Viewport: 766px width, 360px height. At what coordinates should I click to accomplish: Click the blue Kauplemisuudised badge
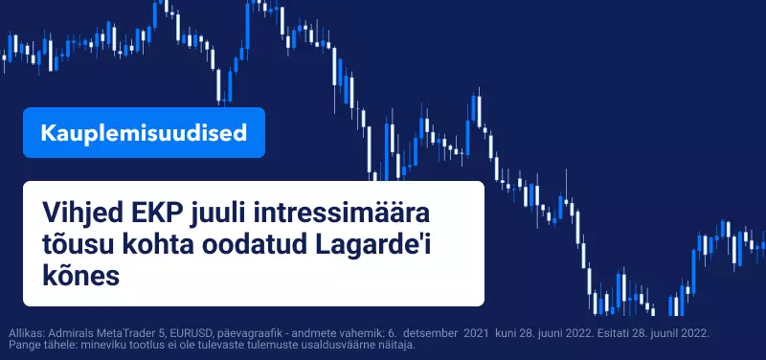coord(145,133)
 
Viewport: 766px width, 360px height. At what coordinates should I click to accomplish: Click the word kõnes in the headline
coord(81,277)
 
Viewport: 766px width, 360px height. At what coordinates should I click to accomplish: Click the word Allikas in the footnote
coord(22,333)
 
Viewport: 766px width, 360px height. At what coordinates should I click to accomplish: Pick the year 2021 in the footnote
coord(475,333)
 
